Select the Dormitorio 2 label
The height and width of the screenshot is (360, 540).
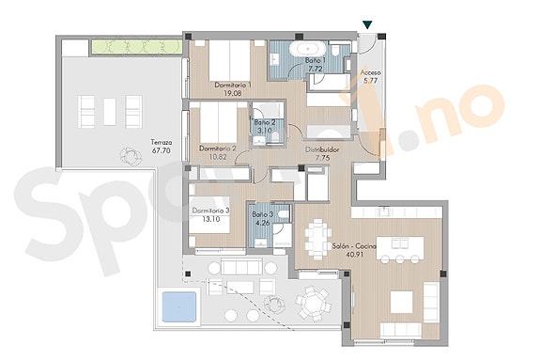pyautogui.click(x=217, y=148)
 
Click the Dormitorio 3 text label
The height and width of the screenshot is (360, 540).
pyautogui.click(x=211, y=211)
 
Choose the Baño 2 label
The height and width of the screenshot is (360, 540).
pyautogui.click(x=265, y=122)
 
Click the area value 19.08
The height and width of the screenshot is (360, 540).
pyautogui.click(x=231, y=93)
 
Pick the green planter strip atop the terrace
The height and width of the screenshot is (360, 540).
pyautogui.click(x=136, y=47)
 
